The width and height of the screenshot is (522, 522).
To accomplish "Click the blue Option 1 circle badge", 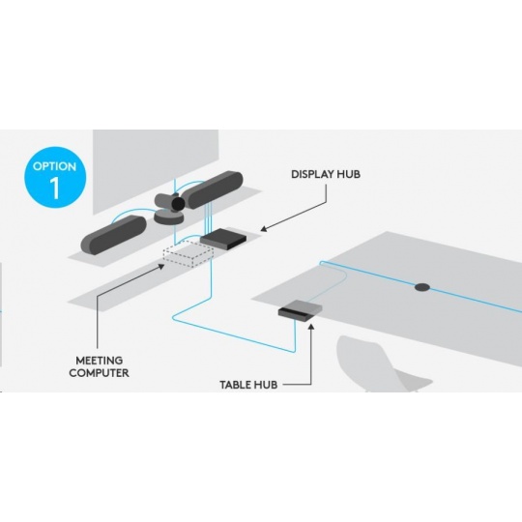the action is (x=55, y=177).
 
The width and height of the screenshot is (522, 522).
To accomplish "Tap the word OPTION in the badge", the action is (x=54, y=166).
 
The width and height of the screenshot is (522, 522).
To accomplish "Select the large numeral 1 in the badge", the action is (x=55, y=188).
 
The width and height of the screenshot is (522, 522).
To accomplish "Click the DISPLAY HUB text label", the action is (x=326, y=174).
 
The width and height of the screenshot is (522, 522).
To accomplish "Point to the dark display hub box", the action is (x=223, y=239).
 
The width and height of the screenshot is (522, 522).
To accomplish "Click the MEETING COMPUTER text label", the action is (x=99, y=366).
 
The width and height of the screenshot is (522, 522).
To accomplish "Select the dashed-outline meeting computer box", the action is (x=188, y=254).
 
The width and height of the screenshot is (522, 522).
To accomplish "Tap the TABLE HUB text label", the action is (x=248, y=385).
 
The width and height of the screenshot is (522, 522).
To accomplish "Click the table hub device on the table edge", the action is (x=301, y=309).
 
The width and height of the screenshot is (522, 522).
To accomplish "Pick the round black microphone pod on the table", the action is (x=422, y=287).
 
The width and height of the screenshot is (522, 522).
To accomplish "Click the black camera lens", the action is (x=178, y=203).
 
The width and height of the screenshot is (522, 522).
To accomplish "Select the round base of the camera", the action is (x=169, y=217).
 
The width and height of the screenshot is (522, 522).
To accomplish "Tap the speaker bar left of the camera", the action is (x=113, y=235).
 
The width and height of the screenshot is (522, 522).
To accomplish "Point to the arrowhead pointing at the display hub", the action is (x=264, y=229).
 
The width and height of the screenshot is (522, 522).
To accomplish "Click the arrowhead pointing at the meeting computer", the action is (x=161, y=266).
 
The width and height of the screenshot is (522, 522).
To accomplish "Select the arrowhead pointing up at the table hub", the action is (x=311, y=328).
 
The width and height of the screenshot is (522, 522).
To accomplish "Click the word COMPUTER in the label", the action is (x=99, y=373).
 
